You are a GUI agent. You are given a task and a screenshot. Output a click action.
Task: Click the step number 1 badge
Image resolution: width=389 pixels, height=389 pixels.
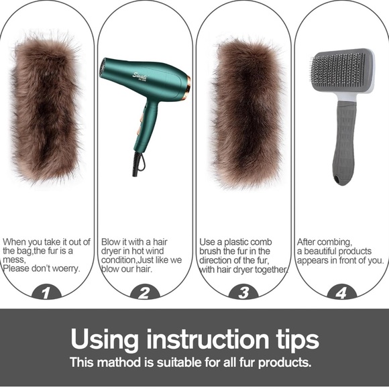(x=46, y=292)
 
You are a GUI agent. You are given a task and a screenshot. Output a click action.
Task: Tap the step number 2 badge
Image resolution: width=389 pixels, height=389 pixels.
(x=145, y=292)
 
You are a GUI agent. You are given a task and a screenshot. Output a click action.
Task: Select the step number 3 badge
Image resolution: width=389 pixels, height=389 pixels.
(x=243, y=292)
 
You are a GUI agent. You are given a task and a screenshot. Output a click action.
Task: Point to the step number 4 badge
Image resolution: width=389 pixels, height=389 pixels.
(x=341, y=292)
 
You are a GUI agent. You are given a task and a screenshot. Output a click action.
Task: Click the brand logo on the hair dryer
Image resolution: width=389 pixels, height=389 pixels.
(x=140, y=76)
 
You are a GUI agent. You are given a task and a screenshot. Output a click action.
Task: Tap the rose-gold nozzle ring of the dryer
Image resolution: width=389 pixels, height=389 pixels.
(x=188, y=88)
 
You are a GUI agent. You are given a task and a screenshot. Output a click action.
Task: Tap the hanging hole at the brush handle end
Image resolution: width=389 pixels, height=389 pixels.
(x=337, y=178)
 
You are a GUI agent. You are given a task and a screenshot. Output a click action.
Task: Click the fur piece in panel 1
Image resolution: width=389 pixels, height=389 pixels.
(x=46, y=109)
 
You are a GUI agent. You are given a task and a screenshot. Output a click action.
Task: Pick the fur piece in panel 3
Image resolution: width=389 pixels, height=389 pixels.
(x=247, y=113)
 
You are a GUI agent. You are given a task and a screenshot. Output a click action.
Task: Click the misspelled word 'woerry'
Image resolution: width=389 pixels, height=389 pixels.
(x=66, y=268)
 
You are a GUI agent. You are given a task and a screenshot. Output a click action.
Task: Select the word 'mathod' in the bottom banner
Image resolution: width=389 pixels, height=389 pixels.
(x=119, y=362)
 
